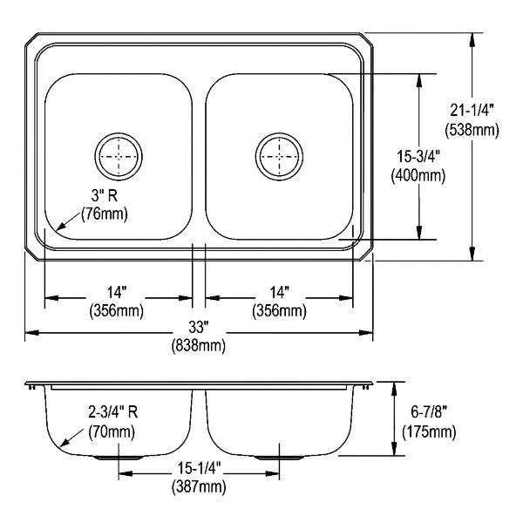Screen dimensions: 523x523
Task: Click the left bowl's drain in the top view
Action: pyautogui.click(x=119, y=156)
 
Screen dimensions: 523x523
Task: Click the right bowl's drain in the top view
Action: pyautogui.click(x=279, y=156)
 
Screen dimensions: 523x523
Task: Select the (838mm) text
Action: pyautogui.click(x=199, y=345)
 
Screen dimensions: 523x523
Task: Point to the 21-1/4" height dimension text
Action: pyautogui.click(x=472, y=111)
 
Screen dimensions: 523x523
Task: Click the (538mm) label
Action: pyautogui.click(x=472, y=130)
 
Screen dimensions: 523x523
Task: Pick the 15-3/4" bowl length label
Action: pyautogui.click(x=418, y=156)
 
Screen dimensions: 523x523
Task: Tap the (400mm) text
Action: pyautogui.click(x=418, y=175)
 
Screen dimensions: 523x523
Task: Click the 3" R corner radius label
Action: pyautogui.click(x=105, y=195)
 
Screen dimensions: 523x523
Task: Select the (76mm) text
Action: pyautogui.click(x=105, y=214)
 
